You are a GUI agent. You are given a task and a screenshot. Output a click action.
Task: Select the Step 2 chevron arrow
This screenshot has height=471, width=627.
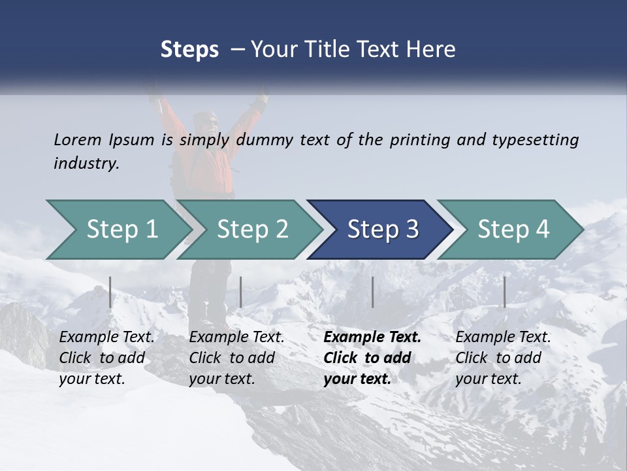point(252,230)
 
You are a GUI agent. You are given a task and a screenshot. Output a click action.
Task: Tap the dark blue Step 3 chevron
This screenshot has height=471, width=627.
point(383,230)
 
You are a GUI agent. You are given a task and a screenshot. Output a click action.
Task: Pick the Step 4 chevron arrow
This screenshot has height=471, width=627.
point(513,230)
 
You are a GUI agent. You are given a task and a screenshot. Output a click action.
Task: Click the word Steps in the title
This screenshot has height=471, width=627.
point(189,50)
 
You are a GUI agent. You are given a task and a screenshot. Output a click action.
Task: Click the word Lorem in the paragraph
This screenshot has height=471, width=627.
point(77,139)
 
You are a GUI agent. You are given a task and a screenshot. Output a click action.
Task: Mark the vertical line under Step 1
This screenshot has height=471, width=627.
point(110,292)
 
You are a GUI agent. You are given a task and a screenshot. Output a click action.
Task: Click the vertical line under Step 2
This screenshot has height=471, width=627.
point(241,292)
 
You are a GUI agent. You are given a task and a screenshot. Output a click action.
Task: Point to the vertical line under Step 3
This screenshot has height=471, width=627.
point(372,292)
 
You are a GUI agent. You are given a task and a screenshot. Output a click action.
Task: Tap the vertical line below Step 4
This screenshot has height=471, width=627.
point(504,292)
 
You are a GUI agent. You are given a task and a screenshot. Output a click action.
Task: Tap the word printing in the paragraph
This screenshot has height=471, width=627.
point(418,140)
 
